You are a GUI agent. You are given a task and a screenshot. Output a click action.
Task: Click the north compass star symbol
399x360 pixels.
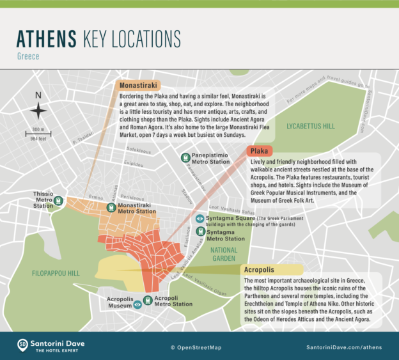click(38, 110)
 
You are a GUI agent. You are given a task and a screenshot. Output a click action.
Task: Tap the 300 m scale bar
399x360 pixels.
click(38, 135)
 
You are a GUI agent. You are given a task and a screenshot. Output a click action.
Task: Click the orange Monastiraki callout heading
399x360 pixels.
click(138, 84)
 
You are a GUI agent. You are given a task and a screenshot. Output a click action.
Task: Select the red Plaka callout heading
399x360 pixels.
click(258, 152)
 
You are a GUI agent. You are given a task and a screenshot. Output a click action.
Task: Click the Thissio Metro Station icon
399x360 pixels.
click(59, 201)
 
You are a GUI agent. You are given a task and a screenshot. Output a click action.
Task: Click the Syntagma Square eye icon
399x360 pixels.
click(200, 219)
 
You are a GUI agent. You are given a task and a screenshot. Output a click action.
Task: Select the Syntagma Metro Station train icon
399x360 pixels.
click(200, 235)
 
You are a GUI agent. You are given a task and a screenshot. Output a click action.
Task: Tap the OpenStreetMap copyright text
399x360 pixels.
click(199, 347)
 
